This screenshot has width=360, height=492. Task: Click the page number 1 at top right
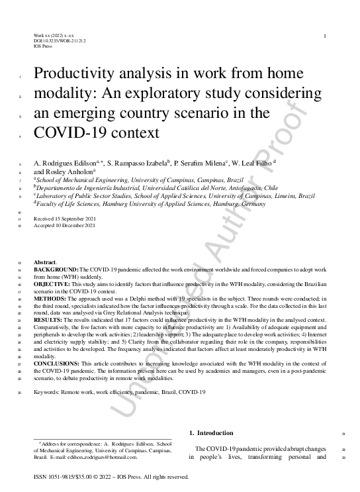[325, 36]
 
